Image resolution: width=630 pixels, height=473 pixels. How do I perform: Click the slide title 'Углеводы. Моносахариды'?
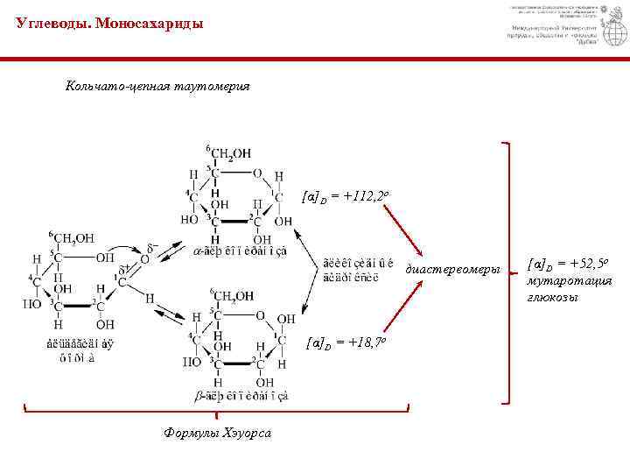point(109,25)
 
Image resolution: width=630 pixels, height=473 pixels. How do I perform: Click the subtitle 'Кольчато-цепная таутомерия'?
point(157,87)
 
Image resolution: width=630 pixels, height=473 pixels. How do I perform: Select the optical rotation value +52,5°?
point(569,264)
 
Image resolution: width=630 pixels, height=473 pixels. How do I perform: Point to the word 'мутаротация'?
point(568,280)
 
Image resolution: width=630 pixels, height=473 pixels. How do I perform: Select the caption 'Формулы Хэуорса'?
point(218,433)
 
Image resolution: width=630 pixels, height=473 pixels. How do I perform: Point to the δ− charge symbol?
point(152,247)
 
